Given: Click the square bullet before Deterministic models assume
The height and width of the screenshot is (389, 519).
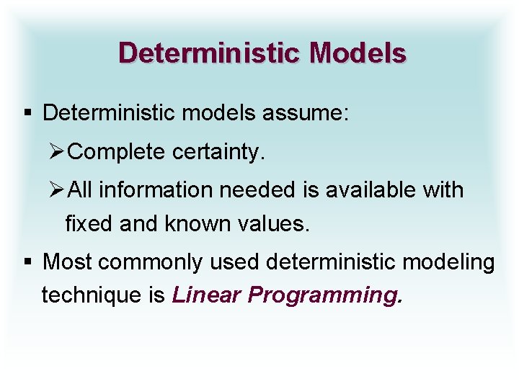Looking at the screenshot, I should (27, 113).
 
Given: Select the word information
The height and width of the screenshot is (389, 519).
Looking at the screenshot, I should (155, 190).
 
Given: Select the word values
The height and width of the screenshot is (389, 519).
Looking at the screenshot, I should (277, 223).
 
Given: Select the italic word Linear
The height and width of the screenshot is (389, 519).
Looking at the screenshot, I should (207, 295).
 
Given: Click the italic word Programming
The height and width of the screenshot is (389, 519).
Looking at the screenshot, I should (323, 296).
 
